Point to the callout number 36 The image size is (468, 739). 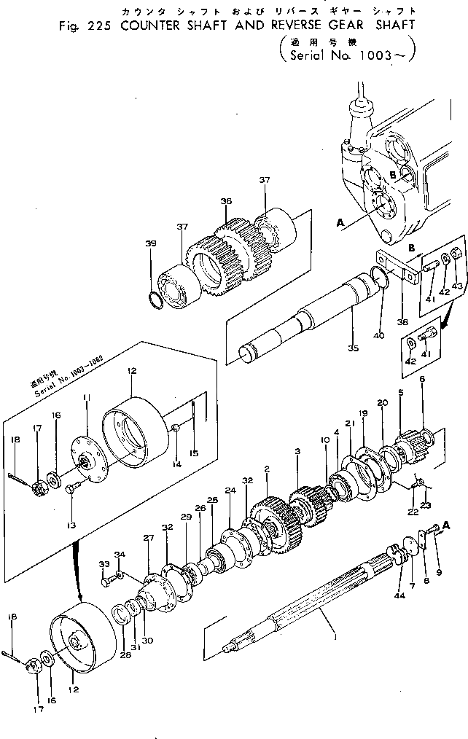(225, 201)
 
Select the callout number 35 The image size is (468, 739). (354, 348)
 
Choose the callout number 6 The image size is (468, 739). (421, 379)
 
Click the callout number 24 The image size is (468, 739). (230, 490)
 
